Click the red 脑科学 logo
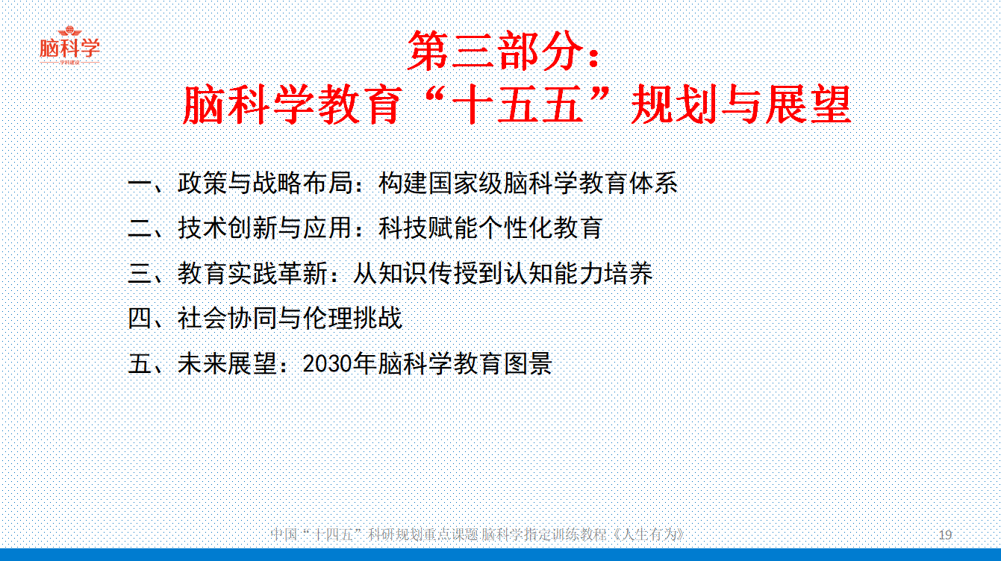point(69,46)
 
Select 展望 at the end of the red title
point(808,105)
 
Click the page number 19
point(945,535)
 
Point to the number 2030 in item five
point(328,363)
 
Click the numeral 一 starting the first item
point(140,183)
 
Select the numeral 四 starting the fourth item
point(140,319)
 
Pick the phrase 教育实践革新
point(252,273)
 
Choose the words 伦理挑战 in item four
point(353,319)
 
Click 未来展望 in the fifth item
point(228,363)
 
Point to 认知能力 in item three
point(553,273)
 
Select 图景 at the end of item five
point(528,363)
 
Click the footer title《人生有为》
point(647,535)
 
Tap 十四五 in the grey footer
point(334,535)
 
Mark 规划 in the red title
point(674,105)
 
